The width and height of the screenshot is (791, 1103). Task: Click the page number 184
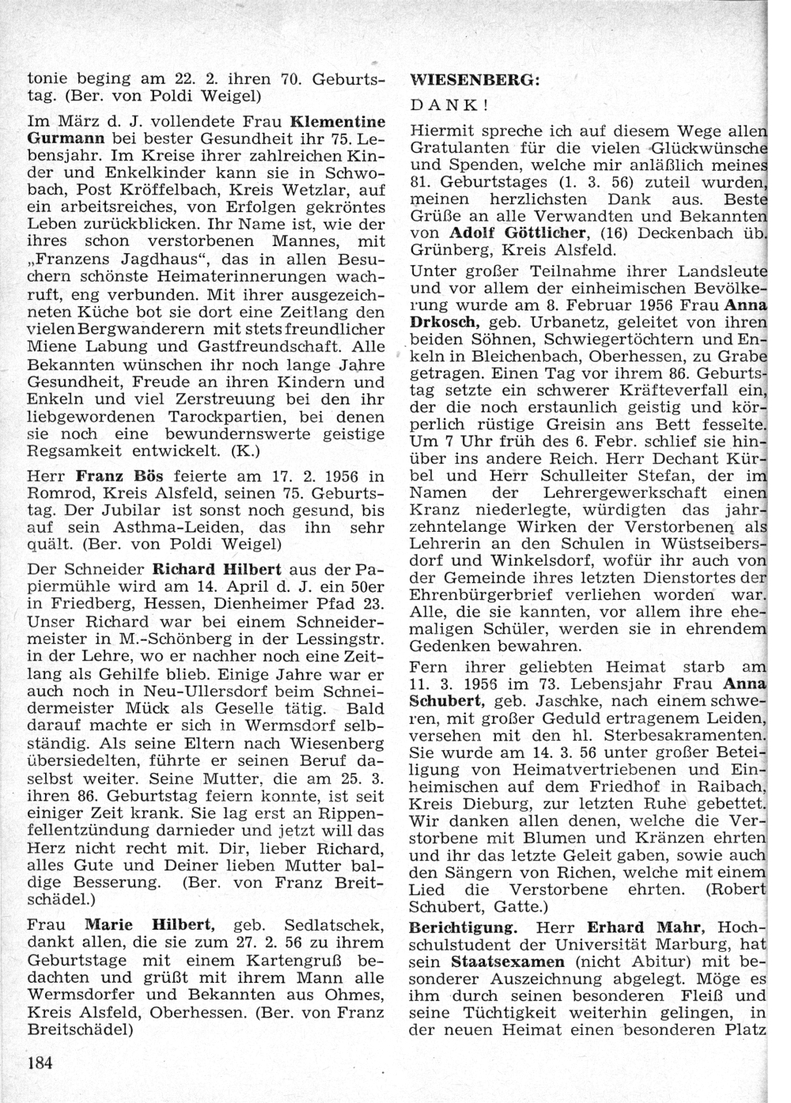pos(40,1062)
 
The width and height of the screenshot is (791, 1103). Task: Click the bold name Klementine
pos(339,123)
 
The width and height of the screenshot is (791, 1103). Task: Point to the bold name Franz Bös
pos(108,476)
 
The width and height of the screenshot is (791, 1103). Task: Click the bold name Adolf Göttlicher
pos(518,232)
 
